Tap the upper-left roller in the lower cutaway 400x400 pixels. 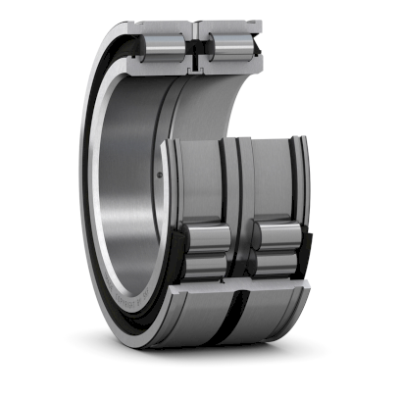click(209, 239)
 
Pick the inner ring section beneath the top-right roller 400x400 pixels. click(231, 68)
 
